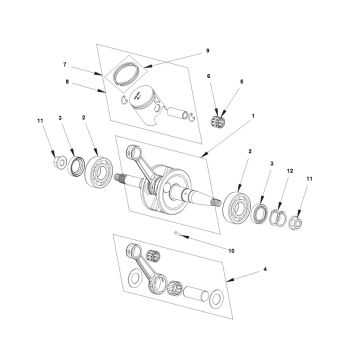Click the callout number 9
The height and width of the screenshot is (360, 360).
207,51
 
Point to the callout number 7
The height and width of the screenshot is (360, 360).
65,64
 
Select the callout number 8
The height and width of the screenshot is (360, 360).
67,80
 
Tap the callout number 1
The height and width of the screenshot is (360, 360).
253,116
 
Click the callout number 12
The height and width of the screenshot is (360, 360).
290,171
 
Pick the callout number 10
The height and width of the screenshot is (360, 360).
231,251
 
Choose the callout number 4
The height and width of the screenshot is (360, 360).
265,269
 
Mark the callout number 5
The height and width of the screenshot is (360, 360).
241,81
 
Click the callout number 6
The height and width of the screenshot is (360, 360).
209,76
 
